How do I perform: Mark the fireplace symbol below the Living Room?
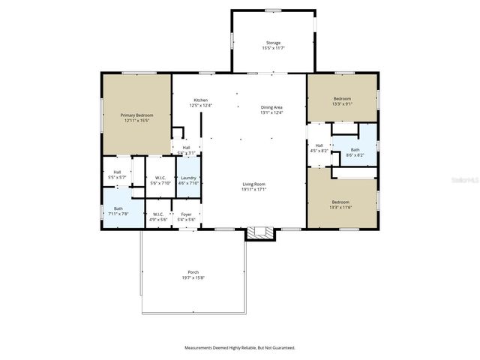260,232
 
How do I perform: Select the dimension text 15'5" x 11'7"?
274,48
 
